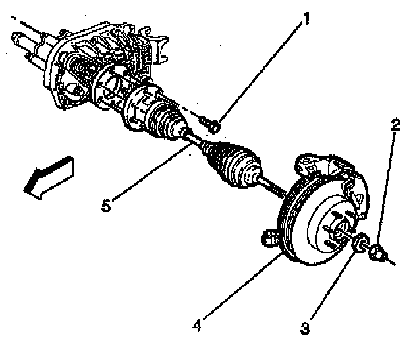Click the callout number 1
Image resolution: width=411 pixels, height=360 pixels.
tap(304, 20)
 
